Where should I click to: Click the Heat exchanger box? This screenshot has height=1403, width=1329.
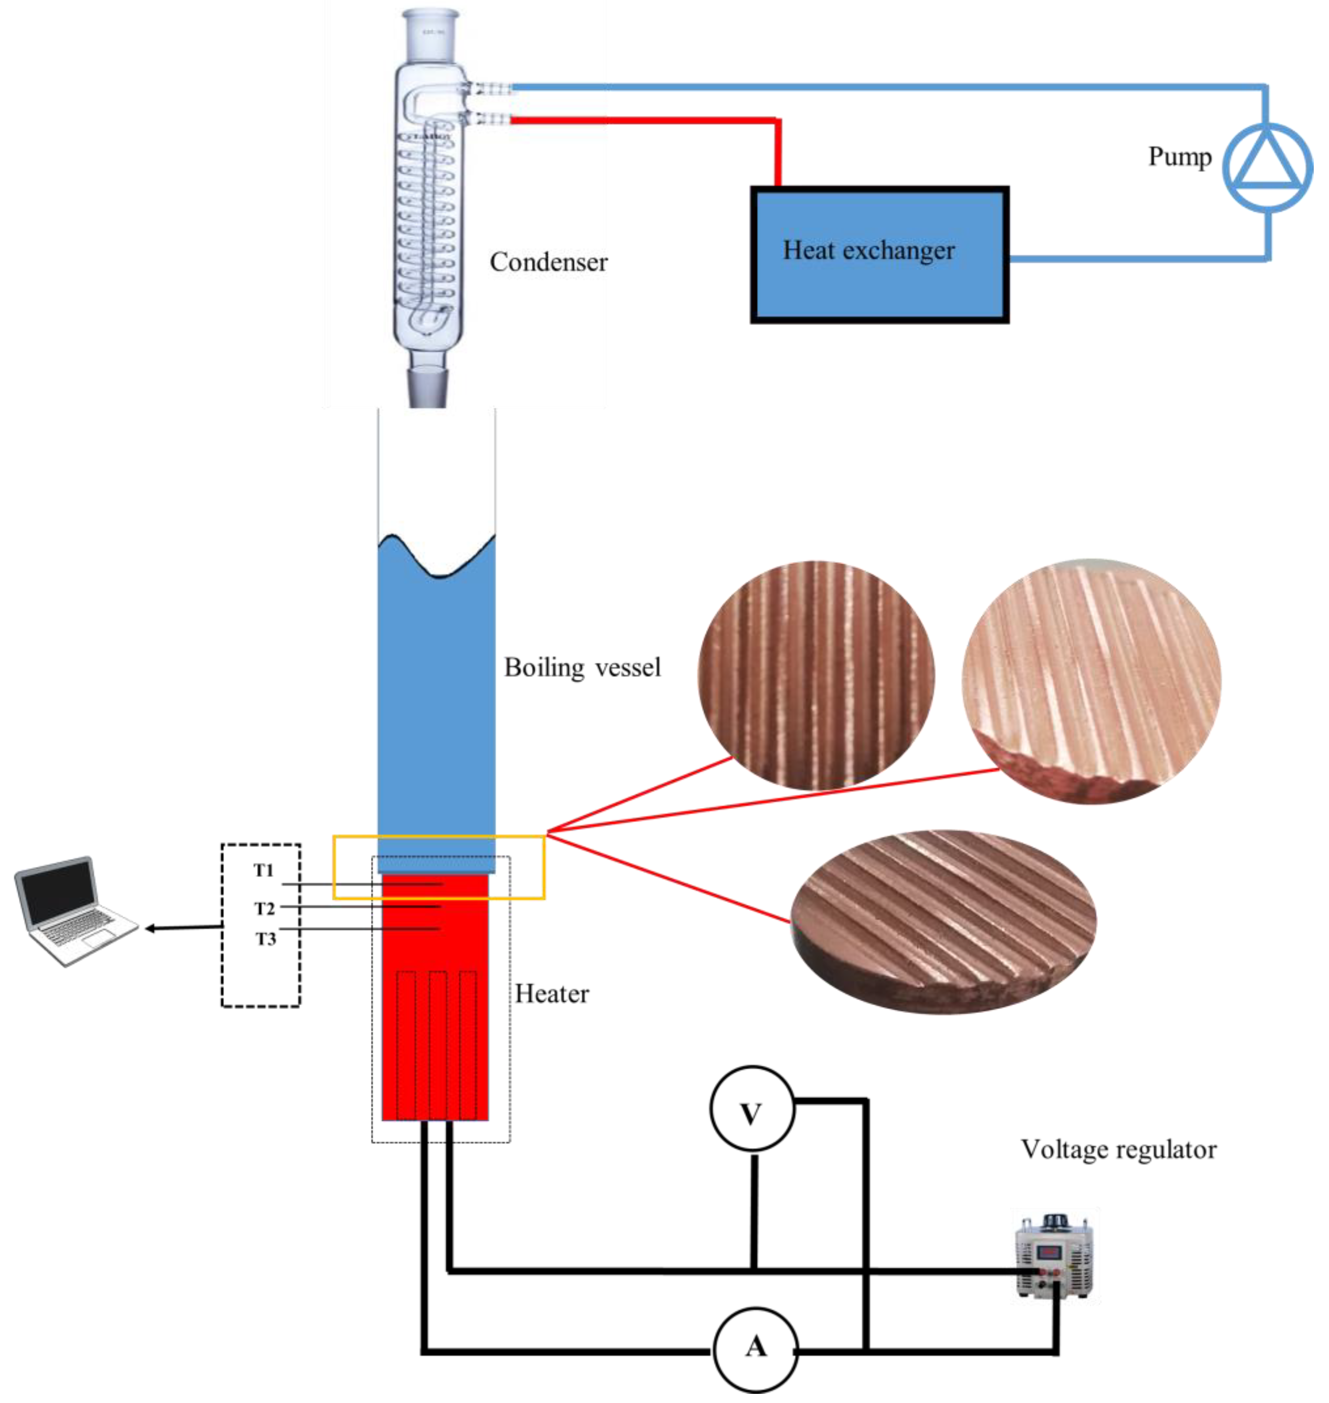(x=880, y=255)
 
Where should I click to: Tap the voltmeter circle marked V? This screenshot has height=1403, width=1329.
(x=752, y=1109)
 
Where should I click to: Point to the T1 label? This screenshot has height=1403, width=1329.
(x=264, y=871)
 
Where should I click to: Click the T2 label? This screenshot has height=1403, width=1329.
(x=264, y=908)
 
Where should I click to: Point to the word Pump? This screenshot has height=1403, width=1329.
(x=1180, y=156)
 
